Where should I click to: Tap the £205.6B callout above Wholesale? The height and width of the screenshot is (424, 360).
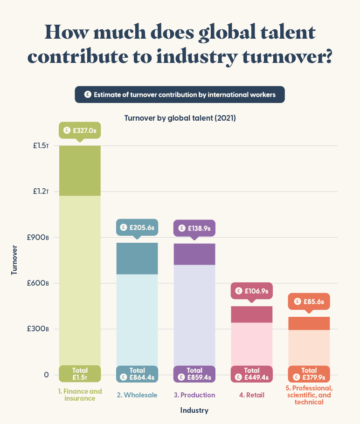tap(137, 228)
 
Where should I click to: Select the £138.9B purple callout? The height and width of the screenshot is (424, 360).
tap(194, 229)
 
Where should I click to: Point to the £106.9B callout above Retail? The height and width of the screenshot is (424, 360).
tap(252, 291)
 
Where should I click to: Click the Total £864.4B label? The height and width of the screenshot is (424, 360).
tap(137, 374)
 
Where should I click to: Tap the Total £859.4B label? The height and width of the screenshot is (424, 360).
tap(194, 374)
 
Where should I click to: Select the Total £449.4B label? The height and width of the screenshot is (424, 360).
tap(252, 374)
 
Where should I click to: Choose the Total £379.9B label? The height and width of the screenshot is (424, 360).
tap(309, 374)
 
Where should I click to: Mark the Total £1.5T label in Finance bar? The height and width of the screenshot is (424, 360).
tap(80, 374)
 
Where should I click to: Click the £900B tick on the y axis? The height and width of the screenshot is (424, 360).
tap(40, 238)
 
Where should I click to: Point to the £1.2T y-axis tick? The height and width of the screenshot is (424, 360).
tap(41, 191)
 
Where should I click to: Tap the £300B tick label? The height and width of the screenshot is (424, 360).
tap(40, 329)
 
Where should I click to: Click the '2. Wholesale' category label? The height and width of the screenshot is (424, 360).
tap(137, 395)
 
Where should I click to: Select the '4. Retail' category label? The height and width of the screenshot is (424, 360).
tap(252, 395)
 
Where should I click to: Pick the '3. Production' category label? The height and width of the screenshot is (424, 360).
tap(194, 395)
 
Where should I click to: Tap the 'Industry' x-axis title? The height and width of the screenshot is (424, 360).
tap(194, 410)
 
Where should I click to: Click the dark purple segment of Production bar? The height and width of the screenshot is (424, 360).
tap(194, 254)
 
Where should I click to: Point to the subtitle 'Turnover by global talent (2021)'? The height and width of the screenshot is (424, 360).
tap(180, 118)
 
